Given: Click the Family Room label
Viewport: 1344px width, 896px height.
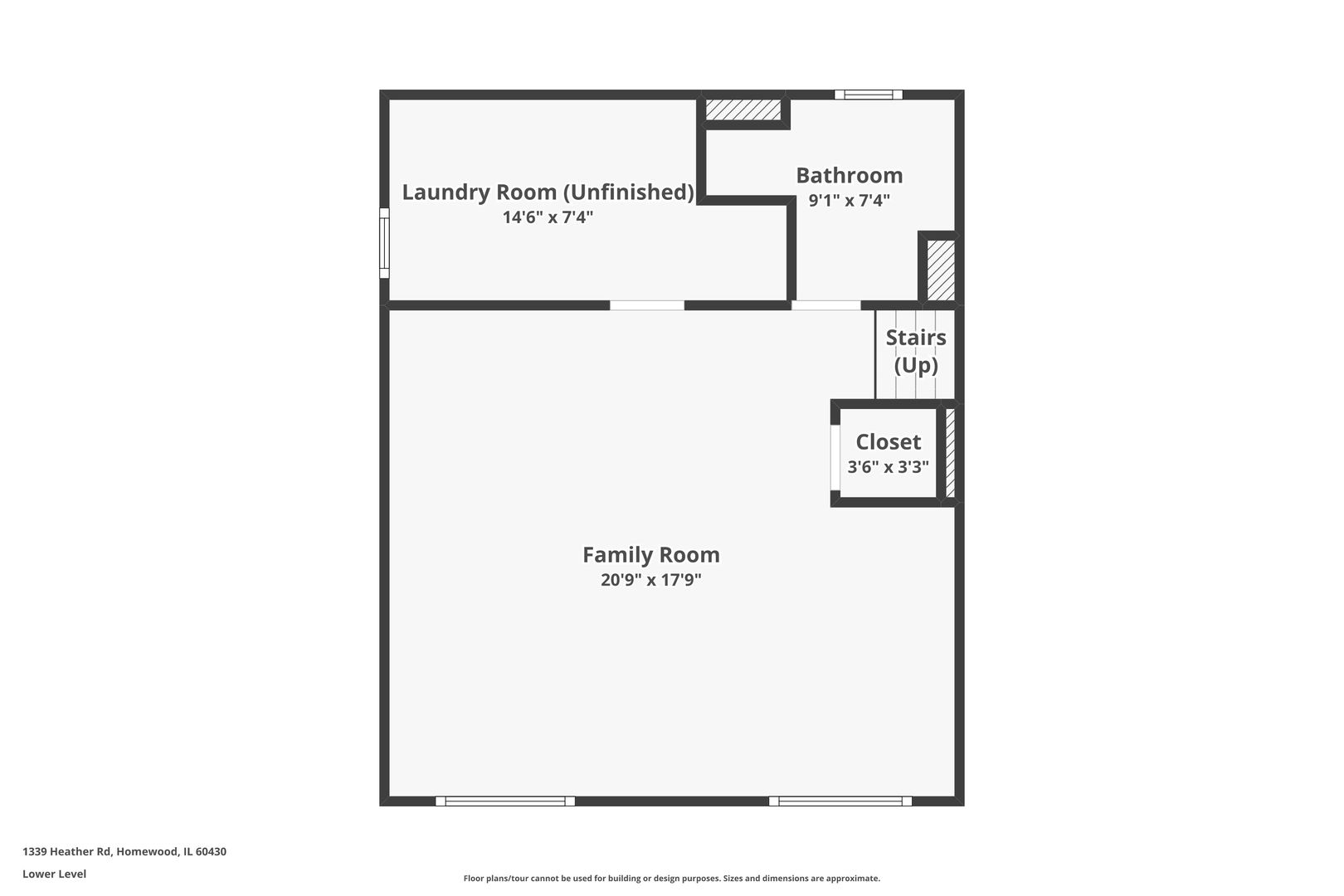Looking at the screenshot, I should click(x=650, y=554).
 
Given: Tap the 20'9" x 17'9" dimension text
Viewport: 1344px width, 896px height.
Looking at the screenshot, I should click(x=650, y=580).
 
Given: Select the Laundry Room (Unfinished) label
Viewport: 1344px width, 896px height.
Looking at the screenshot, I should click(x=548, y=192).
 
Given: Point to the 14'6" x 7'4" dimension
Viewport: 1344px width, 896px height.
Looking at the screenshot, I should click(x=548, y=217).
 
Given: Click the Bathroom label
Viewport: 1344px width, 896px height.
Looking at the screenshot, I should click(x=849, y=175).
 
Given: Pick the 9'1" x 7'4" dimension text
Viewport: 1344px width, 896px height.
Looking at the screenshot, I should click(x=849, y=200).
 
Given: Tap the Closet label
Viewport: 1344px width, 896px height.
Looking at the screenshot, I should click(x=888, y=441).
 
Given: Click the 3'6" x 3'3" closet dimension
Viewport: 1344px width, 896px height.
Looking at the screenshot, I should click(x=888, y=467).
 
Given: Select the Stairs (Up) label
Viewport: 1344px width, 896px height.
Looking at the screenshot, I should click(x=915, y=351).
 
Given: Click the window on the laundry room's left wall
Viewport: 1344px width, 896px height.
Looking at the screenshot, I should click(x=384, y=243).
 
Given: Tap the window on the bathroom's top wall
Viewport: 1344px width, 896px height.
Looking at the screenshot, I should click(x=868, y=95).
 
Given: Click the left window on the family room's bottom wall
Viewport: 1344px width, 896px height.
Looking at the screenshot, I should click(x=504, y=801).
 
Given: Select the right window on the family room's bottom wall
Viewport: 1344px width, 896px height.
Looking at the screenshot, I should click(x=840, y=801).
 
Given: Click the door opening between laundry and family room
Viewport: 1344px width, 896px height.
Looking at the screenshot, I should click(x=647, y=305).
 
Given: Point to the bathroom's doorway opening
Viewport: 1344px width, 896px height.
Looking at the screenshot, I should click(x=825, y=305).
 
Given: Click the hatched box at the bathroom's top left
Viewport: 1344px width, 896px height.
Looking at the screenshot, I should click(x=743, y=110).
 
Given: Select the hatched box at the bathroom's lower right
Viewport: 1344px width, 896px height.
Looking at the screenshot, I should click(x=940, y=270).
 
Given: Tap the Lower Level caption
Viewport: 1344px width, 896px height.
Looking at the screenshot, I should click(x=54, y=874).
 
